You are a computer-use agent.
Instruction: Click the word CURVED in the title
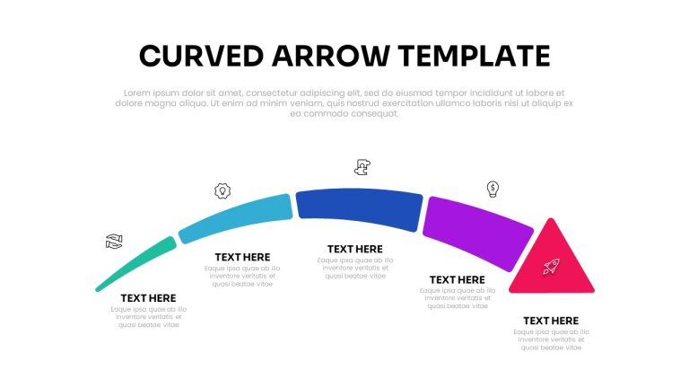[201, 56]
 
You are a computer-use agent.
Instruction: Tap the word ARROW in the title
[331, 56]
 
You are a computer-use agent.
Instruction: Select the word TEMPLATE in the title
[474, 56]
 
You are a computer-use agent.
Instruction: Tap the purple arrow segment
[477, 233]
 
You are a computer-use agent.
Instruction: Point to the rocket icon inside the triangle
[551, 266]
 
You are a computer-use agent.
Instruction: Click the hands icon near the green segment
[114, 242]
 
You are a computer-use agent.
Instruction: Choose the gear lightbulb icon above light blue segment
[222, 191]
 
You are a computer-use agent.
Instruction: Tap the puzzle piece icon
[362, 167]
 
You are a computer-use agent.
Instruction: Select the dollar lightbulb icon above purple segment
[493, 189]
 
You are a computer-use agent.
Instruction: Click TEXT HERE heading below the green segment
[149, 298]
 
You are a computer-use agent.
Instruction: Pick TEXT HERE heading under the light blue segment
[242, 258]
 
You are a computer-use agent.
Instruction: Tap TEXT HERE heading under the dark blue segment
[355, 250]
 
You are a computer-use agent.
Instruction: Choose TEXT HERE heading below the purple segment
[458, 280]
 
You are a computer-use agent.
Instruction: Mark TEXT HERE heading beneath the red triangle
[551, 321]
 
